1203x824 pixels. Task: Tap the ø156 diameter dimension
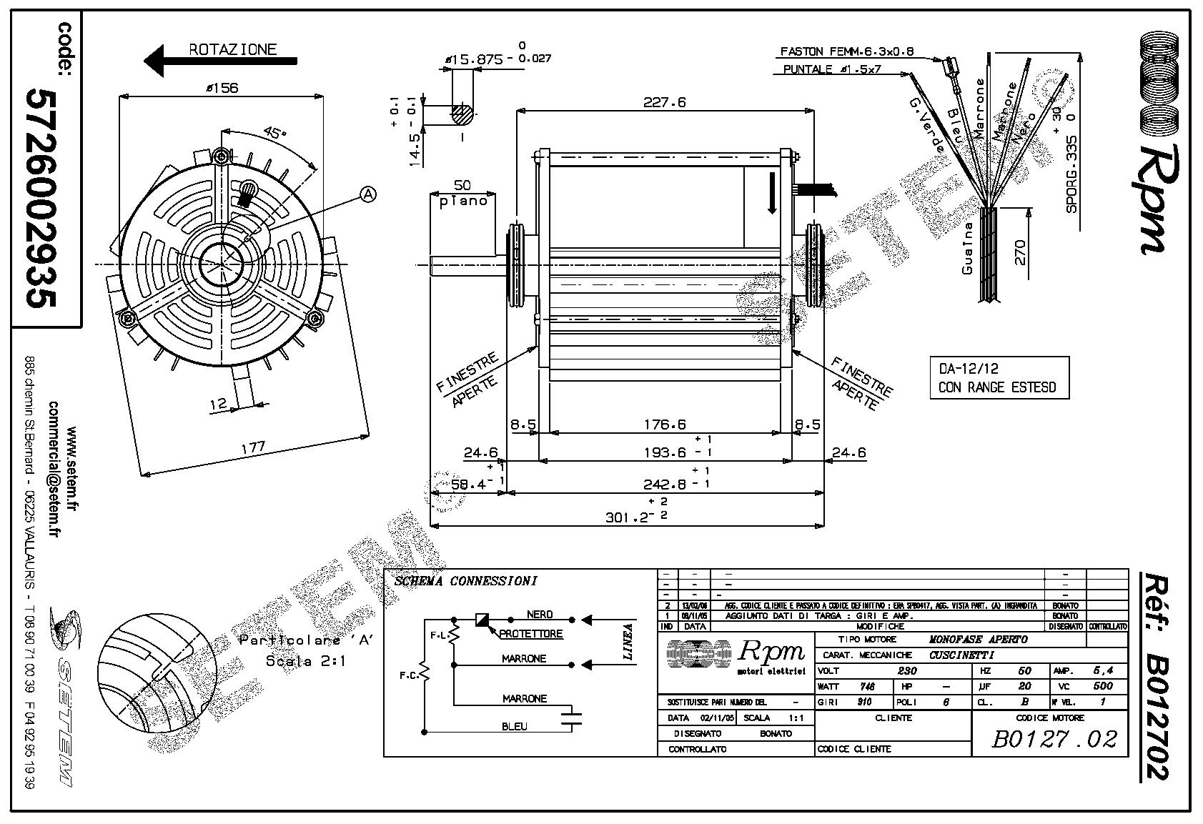click(222, 88)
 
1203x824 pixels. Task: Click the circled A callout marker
click(368, 194)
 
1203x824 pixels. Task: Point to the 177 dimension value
click(252, 447)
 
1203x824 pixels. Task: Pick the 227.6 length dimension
click(664, 102)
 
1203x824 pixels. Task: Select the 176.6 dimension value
click(664, 425)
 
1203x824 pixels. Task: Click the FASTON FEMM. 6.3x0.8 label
click(846, 52)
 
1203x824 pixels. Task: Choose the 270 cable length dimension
click(1019, 252)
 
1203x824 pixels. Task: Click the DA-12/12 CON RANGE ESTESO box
click(998, 378)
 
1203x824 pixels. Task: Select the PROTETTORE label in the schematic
click(530, 634)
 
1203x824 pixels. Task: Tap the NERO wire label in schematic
click(539, 615)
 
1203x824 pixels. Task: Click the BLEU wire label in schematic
click(515, 727)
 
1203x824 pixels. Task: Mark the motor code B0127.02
click(1054, 738)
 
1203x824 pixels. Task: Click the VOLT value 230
click(906, 671)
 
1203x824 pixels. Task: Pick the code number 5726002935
click(41, 198)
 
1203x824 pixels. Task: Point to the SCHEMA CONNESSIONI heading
click(465, 582)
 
